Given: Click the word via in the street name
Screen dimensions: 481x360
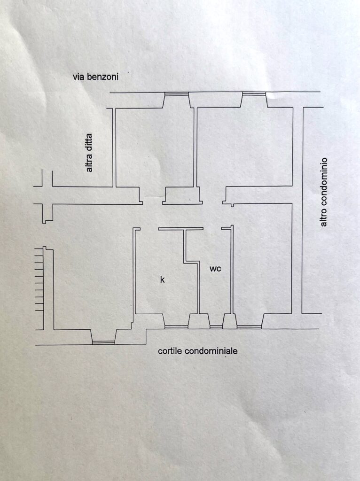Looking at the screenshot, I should point(79,77).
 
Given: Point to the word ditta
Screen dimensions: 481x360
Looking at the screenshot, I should point(89,143).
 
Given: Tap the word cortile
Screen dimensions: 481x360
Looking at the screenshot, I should point(170,351).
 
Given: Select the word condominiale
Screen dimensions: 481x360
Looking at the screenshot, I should point(211,351).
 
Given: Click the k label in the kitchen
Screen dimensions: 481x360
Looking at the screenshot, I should point(162,279).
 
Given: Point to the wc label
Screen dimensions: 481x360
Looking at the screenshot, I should point(215,269).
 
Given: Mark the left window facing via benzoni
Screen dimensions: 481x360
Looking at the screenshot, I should point(176,94).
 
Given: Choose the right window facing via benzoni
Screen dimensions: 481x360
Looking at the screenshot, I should point(254,94).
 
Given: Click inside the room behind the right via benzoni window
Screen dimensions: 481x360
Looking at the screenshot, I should point(244,146).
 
